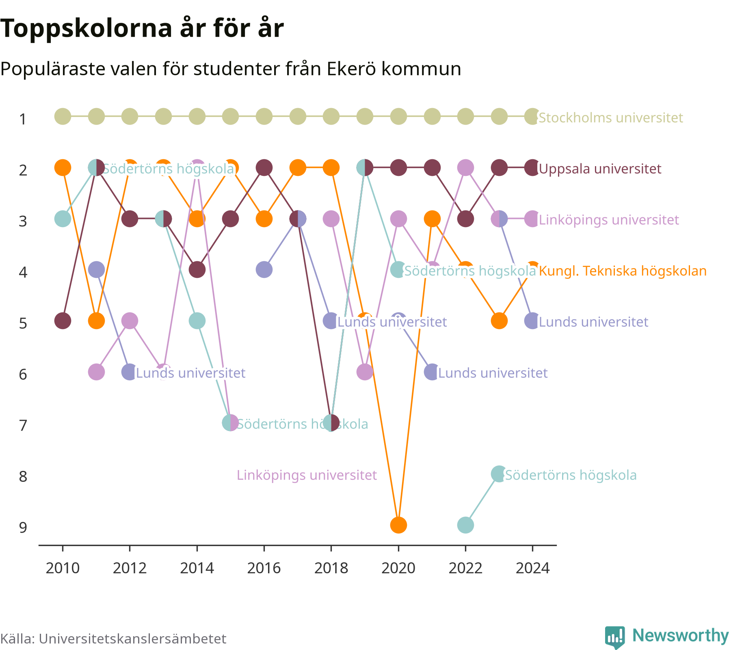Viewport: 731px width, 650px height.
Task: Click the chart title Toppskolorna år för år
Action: (142, 28)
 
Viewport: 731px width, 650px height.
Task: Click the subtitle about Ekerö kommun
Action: (231, 69)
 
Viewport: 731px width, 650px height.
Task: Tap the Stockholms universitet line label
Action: (611, 118)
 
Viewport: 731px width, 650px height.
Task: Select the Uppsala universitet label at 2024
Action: (600, 169)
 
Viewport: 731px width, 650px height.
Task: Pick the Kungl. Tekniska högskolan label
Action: (623, 271)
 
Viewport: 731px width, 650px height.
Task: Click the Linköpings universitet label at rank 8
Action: (307, 475)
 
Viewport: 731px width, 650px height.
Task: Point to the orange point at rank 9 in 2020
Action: (398, 525)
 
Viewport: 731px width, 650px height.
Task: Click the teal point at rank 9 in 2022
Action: (465, 525)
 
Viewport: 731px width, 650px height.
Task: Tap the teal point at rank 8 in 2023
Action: (499, 474)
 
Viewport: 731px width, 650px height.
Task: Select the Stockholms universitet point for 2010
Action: (63, 117)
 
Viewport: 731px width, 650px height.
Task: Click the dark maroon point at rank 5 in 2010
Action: (63, 321)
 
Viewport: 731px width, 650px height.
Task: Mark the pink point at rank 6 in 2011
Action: (96, 372)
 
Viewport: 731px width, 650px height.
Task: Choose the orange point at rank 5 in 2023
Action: (499, 321)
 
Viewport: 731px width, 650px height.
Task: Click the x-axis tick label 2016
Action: (264, 568)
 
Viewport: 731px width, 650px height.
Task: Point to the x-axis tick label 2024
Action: (532, 568)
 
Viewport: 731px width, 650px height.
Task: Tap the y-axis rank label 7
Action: (23, 425)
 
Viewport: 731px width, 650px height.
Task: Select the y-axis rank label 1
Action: (23, 119)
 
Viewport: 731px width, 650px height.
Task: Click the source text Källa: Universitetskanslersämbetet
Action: (113, 639)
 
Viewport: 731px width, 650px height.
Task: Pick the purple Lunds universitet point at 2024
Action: (532, 321)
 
